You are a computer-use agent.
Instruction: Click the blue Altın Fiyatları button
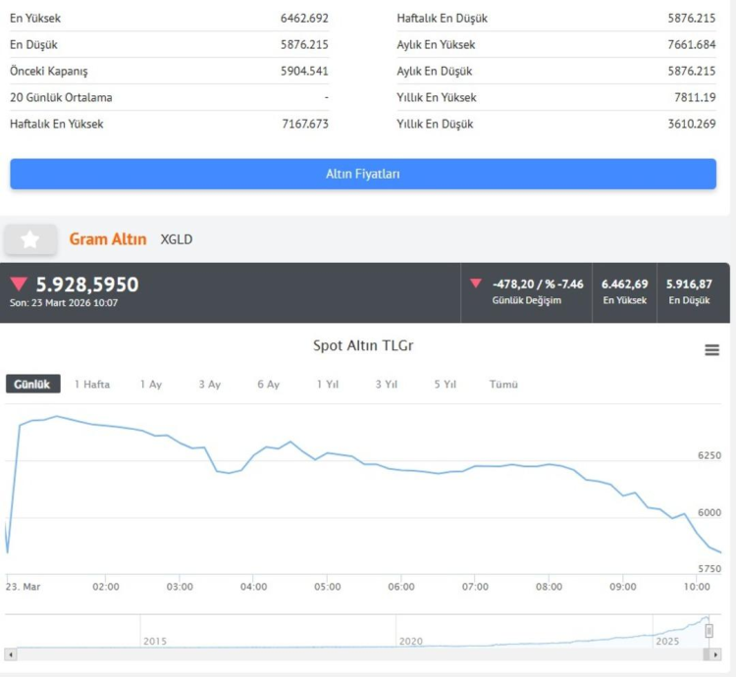click(363, 174)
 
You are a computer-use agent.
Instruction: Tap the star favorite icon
click(30, 239)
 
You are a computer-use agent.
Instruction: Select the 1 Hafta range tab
click(92, 385)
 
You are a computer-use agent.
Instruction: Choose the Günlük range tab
click(32, 385)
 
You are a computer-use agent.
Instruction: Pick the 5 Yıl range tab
click(445, 385)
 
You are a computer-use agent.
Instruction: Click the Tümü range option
click(503, 385)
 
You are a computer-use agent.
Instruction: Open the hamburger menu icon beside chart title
click(712, 350)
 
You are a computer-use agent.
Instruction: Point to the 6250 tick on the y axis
click(709, 456)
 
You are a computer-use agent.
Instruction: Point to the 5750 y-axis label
click(709, 569)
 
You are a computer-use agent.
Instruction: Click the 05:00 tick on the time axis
click(327, 587)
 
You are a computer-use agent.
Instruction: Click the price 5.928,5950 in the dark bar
click(87, 285)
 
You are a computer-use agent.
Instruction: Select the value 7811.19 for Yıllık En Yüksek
click(695, 97)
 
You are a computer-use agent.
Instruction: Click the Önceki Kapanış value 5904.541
click(304, 71)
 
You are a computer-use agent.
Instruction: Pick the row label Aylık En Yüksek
click(436, 44)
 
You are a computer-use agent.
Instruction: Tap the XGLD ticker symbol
click(177, 239)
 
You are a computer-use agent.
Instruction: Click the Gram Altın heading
click(108, 239)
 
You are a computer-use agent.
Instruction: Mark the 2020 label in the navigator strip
click(411, 641)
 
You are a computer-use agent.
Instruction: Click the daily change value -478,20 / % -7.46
click(538, 284)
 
